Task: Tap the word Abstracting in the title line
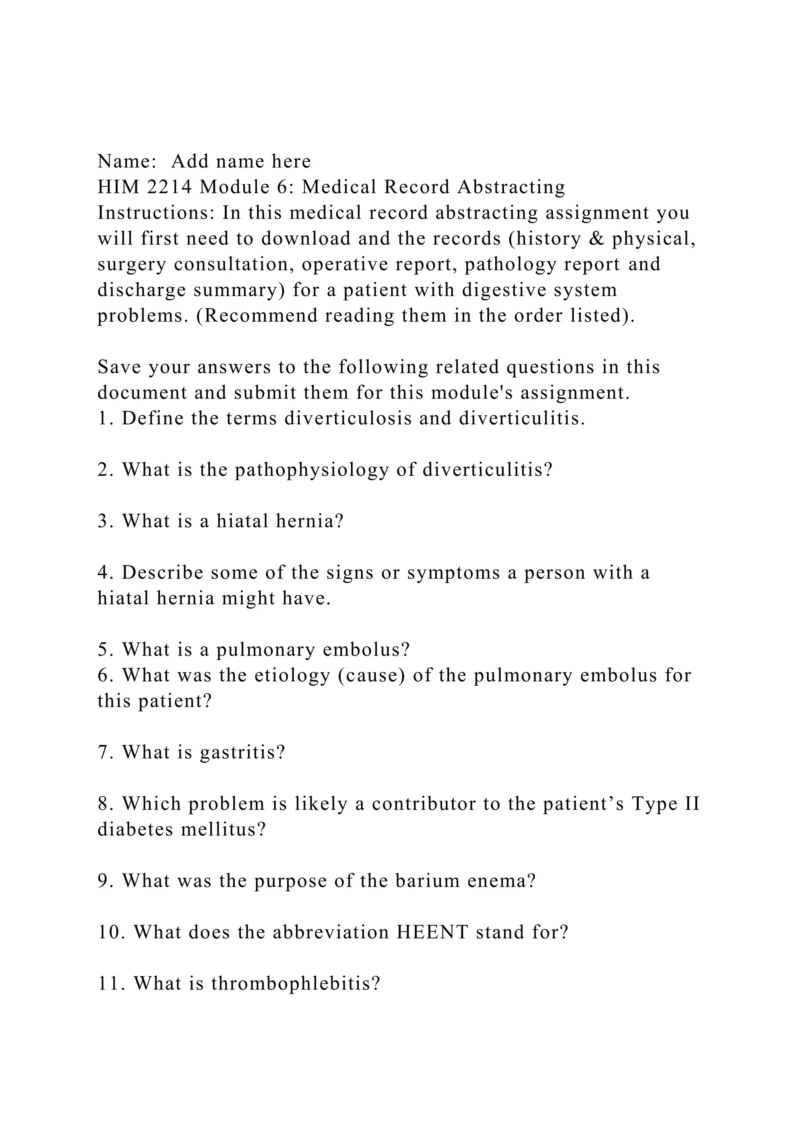[511, 187]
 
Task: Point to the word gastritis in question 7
[243, 753]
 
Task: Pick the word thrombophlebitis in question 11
[296, 983]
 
